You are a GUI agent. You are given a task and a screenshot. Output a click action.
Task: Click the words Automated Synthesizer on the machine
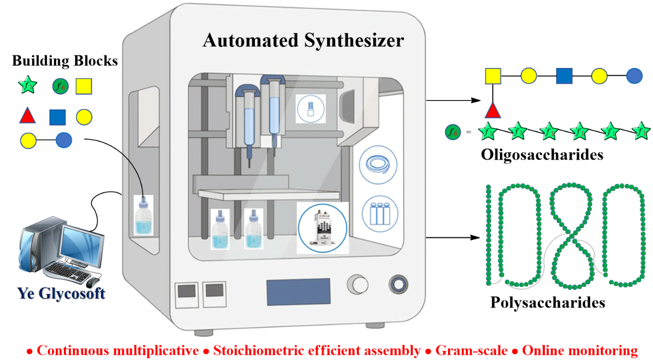pos(303,40)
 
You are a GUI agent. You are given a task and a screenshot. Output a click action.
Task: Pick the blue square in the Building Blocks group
pos(57,117)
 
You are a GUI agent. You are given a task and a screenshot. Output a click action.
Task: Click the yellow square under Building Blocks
pos(83,86)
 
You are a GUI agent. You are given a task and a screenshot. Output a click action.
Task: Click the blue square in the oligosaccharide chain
pos(564,76)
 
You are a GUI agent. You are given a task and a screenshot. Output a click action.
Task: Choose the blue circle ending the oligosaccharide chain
pos(634,76)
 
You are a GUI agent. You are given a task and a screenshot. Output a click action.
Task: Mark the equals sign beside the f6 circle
pos(468,132)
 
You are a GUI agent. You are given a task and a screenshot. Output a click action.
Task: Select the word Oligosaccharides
pos(542,155)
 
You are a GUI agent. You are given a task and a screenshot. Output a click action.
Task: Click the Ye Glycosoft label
pos(61,294)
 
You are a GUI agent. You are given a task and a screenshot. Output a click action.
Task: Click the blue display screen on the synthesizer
pos(298,292)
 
